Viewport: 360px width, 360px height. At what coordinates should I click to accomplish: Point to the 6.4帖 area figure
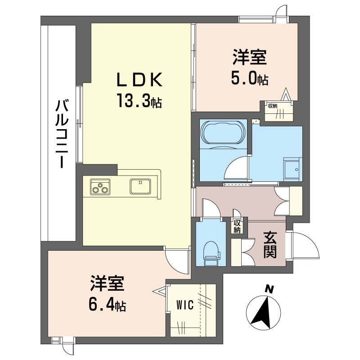[107, 306]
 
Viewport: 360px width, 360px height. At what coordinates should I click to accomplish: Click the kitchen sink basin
[141, 185]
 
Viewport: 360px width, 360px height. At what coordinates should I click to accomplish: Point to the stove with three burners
[100, 186]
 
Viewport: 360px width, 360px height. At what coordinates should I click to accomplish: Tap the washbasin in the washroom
[292, 168]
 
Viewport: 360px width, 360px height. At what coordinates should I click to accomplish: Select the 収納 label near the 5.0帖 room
[273, 106]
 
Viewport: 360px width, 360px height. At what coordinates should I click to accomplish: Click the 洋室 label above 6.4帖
[107, 285]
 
